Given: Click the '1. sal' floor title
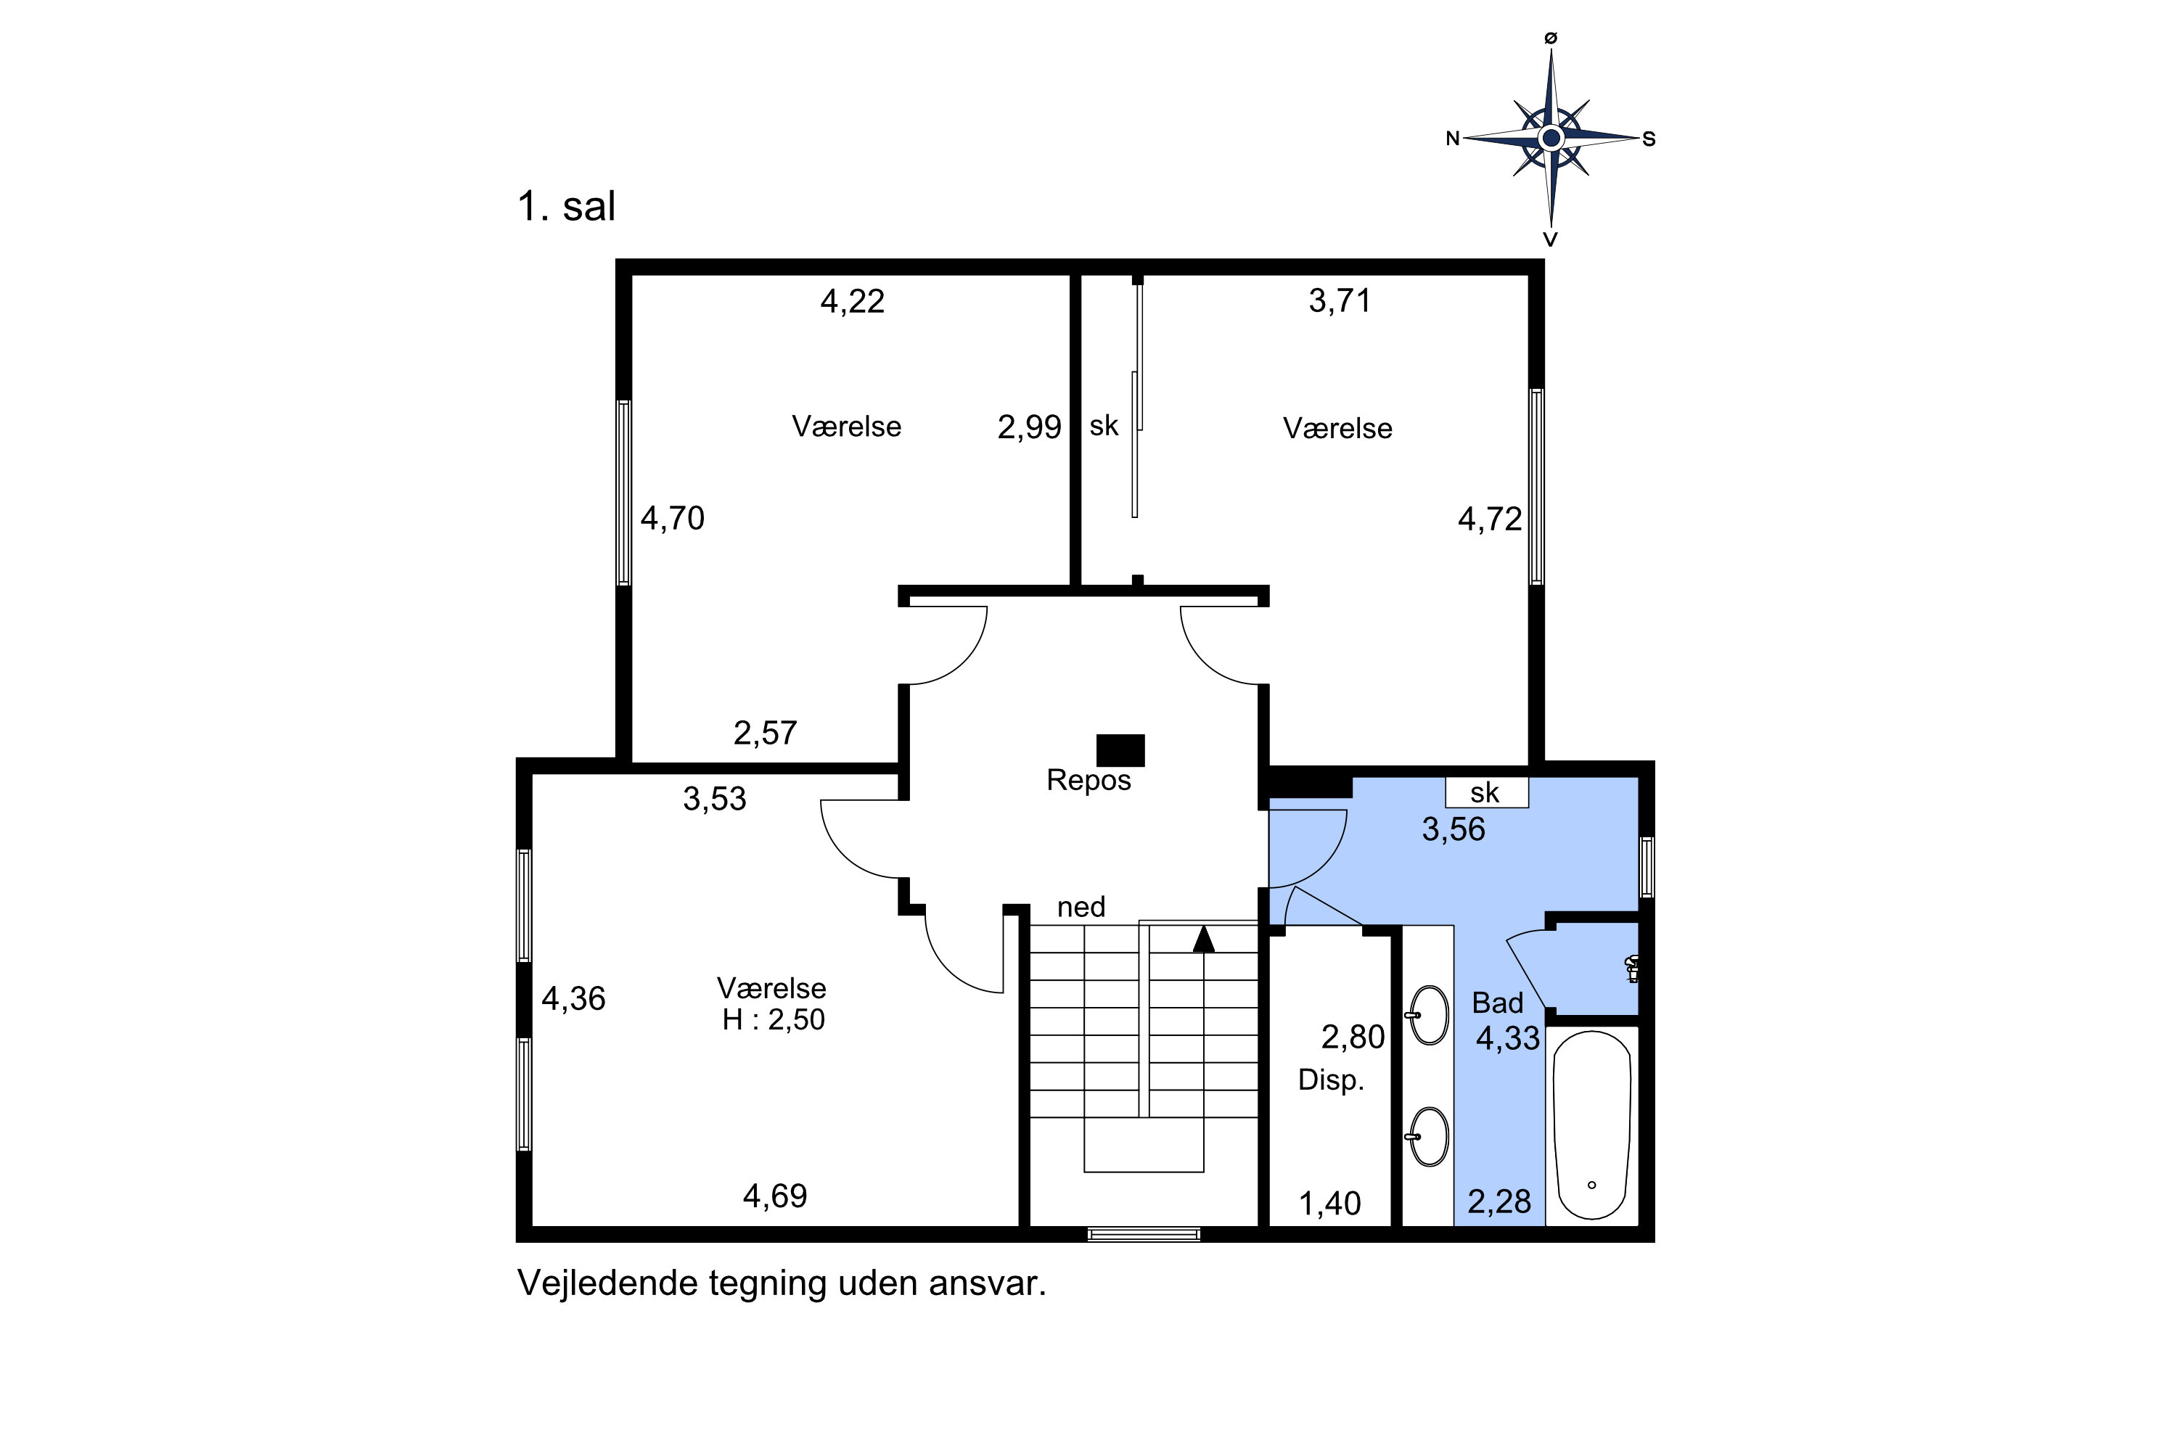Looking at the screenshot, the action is (565, 205).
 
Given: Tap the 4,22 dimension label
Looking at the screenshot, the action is (853, 302).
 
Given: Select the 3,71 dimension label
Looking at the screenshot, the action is (1340, 301).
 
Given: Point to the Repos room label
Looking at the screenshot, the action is (1088, 780).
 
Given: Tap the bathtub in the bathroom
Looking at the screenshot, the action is (1591, 1125).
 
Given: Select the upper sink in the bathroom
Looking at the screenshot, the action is (1429, 1015).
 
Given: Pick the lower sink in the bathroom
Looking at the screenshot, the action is (1429, 1136).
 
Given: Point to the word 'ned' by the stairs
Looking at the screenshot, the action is (1081, 907).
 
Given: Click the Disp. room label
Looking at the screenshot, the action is (1331, 1080).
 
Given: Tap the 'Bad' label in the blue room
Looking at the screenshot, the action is (1498, 1003).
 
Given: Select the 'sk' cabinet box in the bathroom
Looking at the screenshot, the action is (1486, 792).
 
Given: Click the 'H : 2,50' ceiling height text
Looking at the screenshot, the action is (773, 1020).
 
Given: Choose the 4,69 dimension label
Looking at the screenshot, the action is (775, 1196).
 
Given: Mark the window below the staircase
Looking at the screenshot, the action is (1144, 1233).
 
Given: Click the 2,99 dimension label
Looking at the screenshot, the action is (1029, 427).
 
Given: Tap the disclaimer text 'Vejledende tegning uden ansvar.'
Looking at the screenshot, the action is (782, 1283).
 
